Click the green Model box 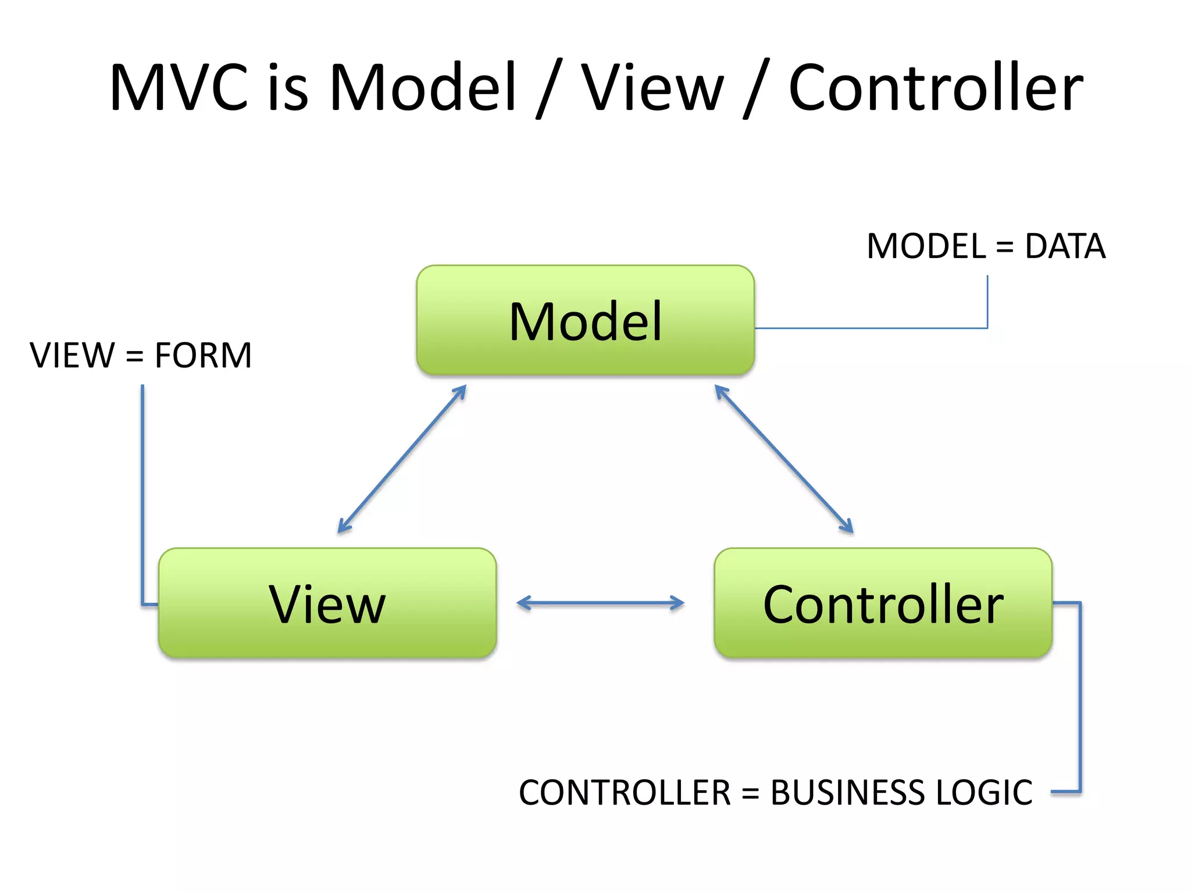(x=585, y=320)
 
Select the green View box (x=327, y=603)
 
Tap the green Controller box (x=883, y=603)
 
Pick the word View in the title (x=652, y=87)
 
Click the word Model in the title (x=423, y=87)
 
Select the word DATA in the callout (x=1064, y=247)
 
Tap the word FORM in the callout (x=203, y=355)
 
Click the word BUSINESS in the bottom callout (x=846, y=792)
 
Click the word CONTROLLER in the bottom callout (x=625, y=792)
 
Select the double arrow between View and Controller (x=600, y=603)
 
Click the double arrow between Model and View (x=402, y=459)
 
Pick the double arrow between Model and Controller (x=783, y=459)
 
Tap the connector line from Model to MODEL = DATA (x=872, y=328)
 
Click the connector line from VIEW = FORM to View (x=142, y=494)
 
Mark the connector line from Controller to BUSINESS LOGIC (x=1080, y=698)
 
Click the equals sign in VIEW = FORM (x=134, y=356)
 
